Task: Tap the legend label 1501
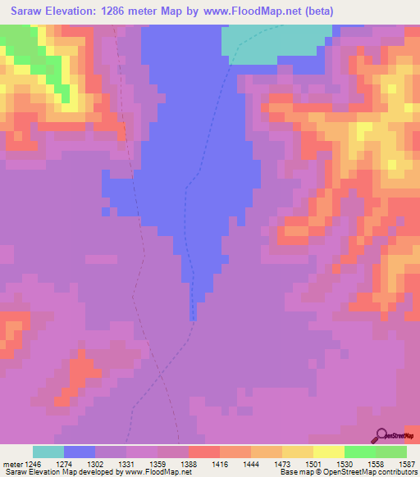[313, 463]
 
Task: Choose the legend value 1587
[405, 463]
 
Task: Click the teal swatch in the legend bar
[48, 452]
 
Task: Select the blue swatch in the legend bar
[80, 452]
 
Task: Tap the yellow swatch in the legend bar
[329, 452]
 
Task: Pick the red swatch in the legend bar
[204, 452]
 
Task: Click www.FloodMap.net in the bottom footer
[157, 472]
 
